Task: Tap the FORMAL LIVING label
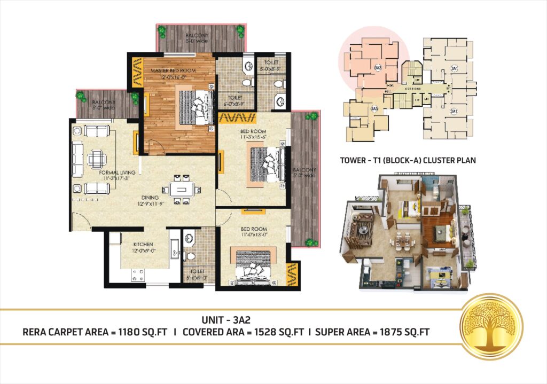(112, 173)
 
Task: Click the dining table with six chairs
(182, 190)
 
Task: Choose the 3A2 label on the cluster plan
(378, 68)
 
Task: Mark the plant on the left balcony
(80, 97)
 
